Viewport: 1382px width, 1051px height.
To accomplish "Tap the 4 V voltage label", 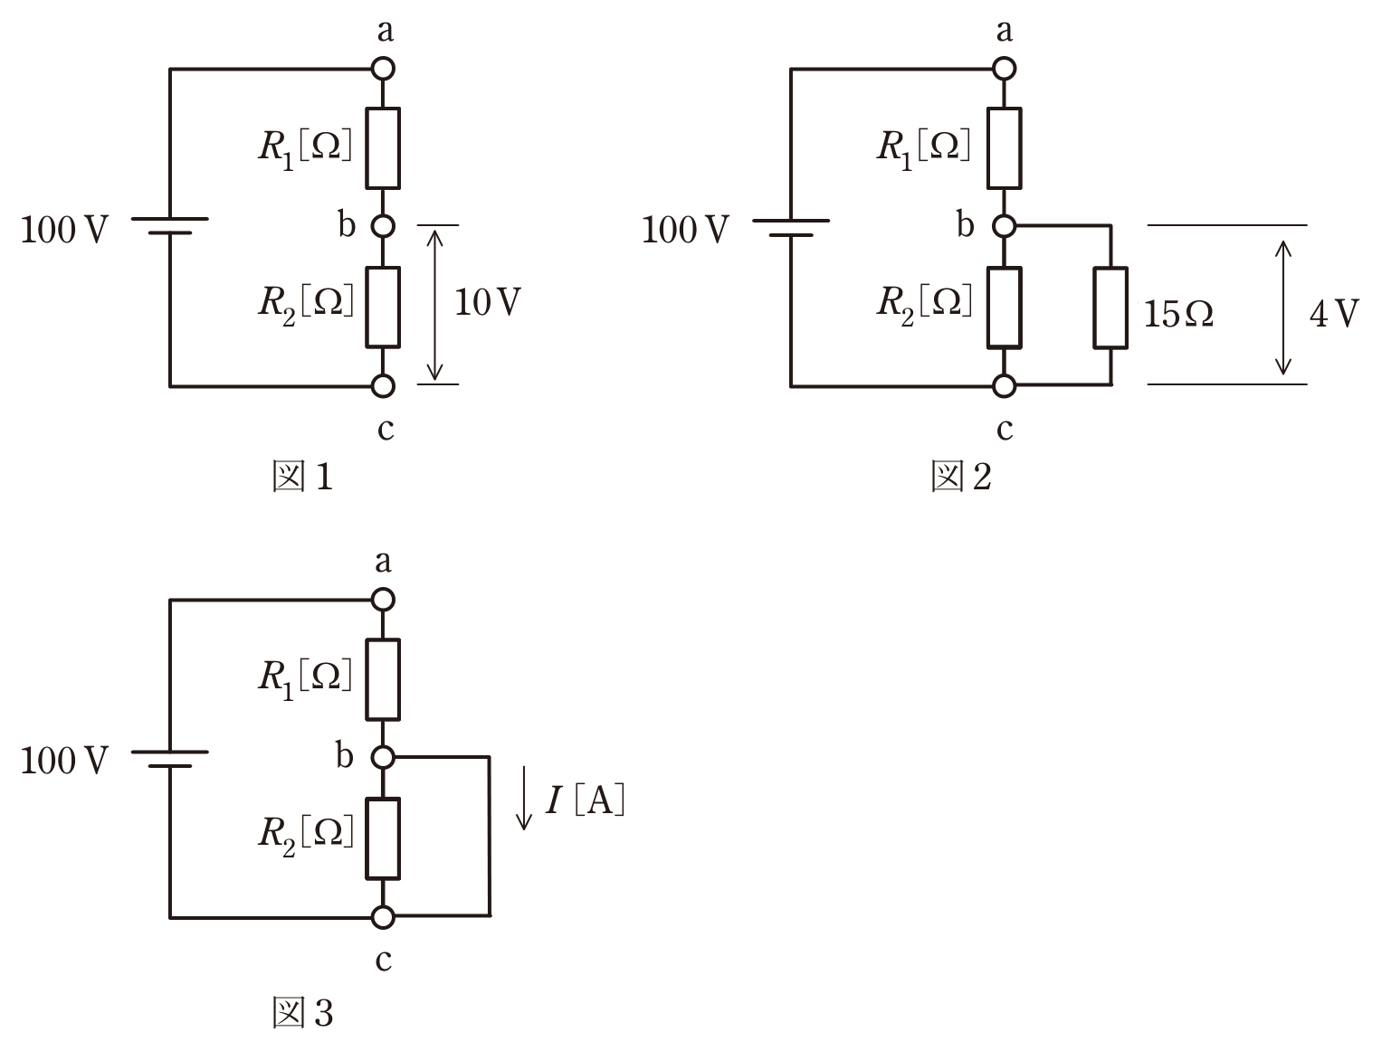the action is [x=1333, y=313].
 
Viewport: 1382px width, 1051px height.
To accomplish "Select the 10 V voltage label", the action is [x=487, y=302].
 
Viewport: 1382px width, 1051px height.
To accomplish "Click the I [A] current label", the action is [x=585, y=800].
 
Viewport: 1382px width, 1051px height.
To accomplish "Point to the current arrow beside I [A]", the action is [x=524, y=798].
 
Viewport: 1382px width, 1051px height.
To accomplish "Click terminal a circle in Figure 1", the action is [x=383, y=69].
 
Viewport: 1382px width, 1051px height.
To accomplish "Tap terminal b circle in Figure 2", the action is [x=1005, y=226].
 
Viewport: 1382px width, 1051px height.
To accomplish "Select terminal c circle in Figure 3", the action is [x=383, y=917].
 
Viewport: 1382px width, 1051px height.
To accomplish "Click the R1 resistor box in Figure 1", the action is [x=383, y=148].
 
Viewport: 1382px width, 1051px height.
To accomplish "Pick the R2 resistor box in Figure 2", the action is [x=1005, y=308].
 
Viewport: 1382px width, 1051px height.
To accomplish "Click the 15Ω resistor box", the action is [x=1110, y=308].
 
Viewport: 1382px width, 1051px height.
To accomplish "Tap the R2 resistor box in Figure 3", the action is [x=383, y=838].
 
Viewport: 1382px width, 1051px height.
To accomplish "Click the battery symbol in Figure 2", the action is [x=791, y=228].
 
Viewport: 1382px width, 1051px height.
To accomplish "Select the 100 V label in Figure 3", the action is [x=64, y=761].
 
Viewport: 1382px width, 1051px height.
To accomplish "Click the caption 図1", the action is [x=302, y=476].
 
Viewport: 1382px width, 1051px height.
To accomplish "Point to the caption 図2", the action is [x=961, y=476].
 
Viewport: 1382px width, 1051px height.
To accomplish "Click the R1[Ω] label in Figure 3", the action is [x=305, y=679].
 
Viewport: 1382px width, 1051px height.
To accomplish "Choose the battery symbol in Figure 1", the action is [x=169, y=226].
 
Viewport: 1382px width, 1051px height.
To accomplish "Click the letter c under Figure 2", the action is [x=1005, y=429].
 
